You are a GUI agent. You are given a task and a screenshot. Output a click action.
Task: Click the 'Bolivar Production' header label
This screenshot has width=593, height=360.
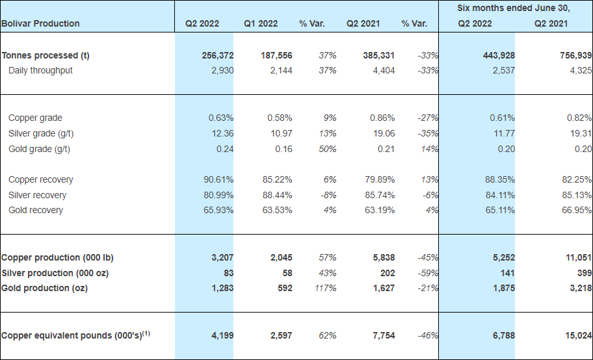[40, 23]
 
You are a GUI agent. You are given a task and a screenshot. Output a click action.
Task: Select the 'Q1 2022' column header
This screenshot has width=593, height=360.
[261, 23]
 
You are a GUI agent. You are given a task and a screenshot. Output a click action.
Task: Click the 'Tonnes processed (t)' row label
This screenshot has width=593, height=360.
[46, 55]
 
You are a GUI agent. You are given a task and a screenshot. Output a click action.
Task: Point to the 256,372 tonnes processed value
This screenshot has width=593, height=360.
[218, 55]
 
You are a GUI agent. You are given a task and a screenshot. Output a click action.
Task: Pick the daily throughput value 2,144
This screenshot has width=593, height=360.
[280, 70]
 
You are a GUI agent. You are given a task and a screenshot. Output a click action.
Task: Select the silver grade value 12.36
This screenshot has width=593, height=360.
[221, 133]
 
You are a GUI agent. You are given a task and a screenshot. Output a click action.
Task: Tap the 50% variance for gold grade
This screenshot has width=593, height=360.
[328, 149]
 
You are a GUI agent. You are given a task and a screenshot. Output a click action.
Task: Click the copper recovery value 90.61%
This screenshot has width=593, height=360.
[218, 179]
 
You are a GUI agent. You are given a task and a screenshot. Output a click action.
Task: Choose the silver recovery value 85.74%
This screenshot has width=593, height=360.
[380, 195]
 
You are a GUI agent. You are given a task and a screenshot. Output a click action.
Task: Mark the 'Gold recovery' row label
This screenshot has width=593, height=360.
[36, 210]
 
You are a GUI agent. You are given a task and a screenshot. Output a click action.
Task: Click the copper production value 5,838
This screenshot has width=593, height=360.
[382, 257]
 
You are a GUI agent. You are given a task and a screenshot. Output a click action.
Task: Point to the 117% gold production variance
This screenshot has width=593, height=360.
[326, 288]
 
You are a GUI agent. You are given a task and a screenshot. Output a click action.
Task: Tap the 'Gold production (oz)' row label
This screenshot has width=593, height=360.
[44, 288]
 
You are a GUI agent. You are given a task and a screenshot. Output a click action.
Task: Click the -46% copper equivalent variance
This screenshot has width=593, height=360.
[427, 336]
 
